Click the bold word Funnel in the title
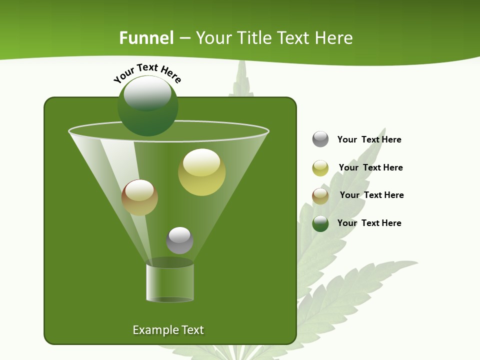coord(146,38)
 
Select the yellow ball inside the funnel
coord(201,172)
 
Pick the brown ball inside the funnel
coord(139,197)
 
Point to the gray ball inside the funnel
coord(179,240)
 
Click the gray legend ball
coord(320,139)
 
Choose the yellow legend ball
coord(320,168)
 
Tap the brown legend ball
coord(320,195)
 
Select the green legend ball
coord(320,223)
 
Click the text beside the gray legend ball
coord(369,139)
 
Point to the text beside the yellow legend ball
coord(370,167)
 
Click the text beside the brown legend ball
coord(371,195)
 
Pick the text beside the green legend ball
coord(369,223)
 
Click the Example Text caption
coord(168,330)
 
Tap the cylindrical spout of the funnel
coord(170,282)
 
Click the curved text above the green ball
coord(147,73)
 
